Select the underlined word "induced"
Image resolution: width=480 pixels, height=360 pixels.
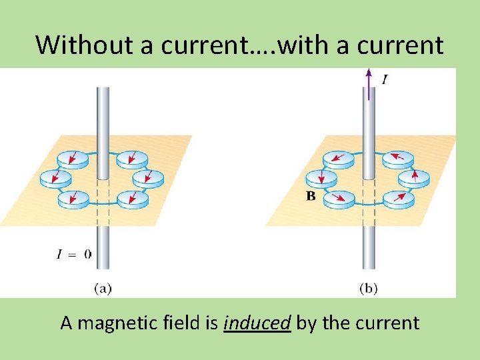click(257, 323)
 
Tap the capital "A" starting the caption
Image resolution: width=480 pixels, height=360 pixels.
click(66, 323)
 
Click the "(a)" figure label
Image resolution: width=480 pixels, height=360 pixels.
click(102, 288)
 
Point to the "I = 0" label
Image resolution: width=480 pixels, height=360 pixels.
click(74, 253)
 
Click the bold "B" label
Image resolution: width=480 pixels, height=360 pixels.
click(310, 196)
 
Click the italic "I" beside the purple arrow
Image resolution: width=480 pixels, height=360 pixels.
click(384, 80)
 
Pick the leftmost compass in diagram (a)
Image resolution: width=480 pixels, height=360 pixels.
click(55, 178)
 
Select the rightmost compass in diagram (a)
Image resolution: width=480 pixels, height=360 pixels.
click(148, 178)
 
